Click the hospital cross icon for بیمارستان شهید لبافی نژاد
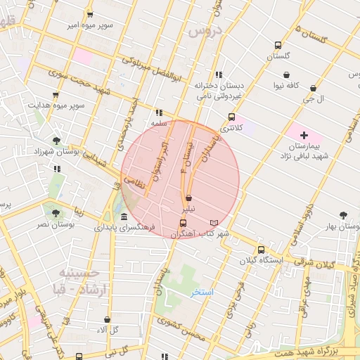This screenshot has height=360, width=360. point(304,134)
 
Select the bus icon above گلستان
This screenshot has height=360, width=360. point(278,46)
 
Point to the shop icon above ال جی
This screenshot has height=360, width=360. point(313,89)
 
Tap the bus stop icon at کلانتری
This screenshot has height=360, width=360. point(231,117)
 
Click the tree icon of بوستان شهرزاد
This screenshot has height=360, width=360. point(56,141)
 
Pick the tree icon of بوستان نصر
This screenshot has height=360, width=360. point(53,211)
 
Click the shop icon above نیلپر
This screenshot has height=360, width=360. point(189,199)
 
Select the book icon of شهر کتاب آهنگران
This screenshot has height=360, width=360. point(214,223)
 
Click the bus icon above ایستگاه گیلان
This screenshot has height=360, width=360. point(261,250)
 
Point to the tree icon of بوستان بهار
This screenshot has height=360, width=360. point(344,215)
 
